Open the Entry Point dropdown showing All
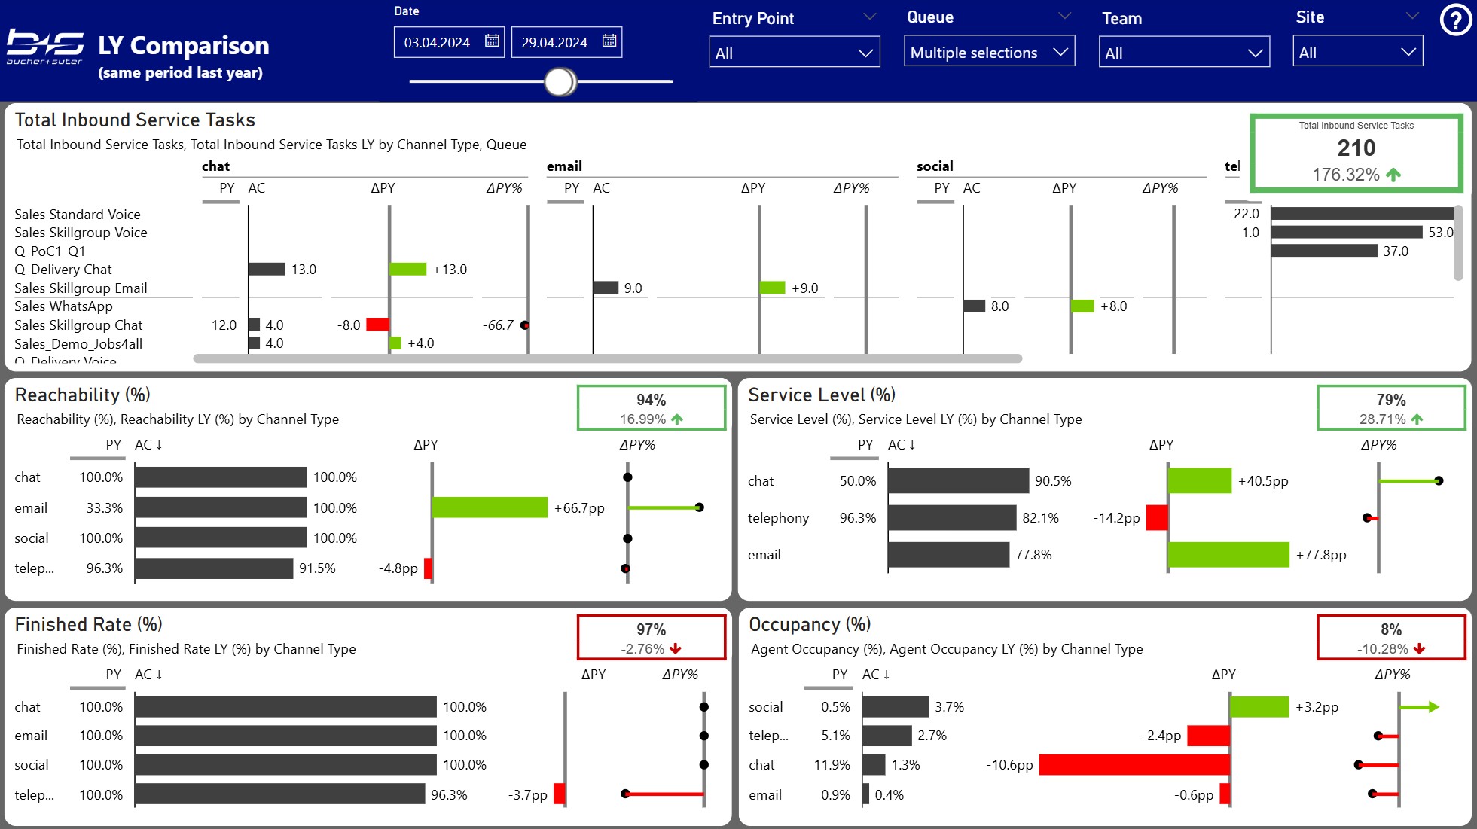(x=794, y=53)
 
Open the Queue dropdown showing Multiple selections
(x=988, y=53)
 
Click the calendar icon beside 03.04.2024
(x=492, y=41)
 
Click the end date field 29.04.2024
(x=554, y=42)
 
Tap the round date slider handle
(x=560, y=81)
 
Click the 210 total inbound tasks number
(x=1356, y=148)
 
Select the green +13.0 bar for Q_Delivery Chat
(x=408, y=269)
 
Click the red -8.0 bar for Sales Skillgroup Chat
(x=377, y=325)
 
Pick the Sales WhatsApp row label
(x=63, y=306)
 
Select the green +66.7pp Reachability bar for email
(x=490, y=507)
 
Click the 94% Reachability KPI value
(x=651, y=400)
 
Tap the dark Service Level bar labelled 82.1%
(x=952, y=517)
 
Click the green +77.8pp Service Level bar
(x=1228, y=554)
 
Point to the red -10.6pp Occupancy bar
(x=1134, y=764)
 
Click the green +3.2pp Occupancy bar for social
(x=1259, y=706)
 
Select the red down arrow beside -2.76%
(x=675, y=648)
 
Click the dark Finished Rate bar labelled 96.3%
(x=279, y=794)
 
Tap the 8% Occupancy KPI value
(x=1390, y=629)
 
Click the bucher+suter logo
(x=45, y=47)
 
